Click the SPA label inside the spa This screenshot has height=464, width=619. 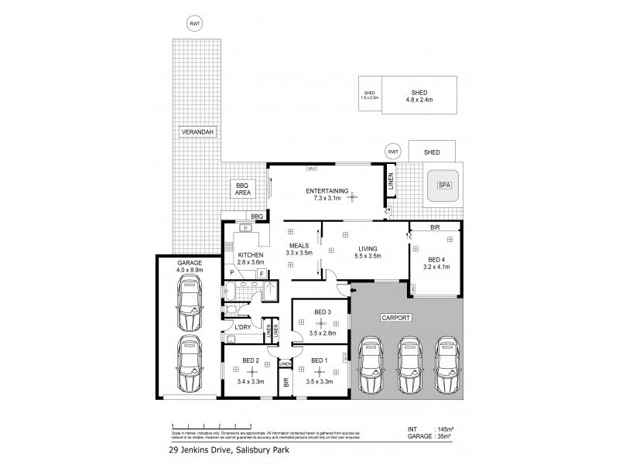click(x=443, y=186)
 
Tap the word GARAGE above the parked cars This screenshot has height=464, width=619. click(x=190, y=263)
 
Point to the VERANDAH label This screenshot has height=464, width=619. click(x=197, y=132)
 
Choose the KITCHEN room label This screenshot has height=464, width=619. click(x=251, y=255)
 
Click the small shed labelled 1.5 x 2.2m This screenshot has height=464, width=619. click(x=369, y=95)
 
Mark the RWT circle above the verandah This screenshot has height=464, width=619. click(x=194, y=23)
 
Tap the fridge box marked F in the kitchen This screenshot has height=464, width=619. click(x=262, y=274)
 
